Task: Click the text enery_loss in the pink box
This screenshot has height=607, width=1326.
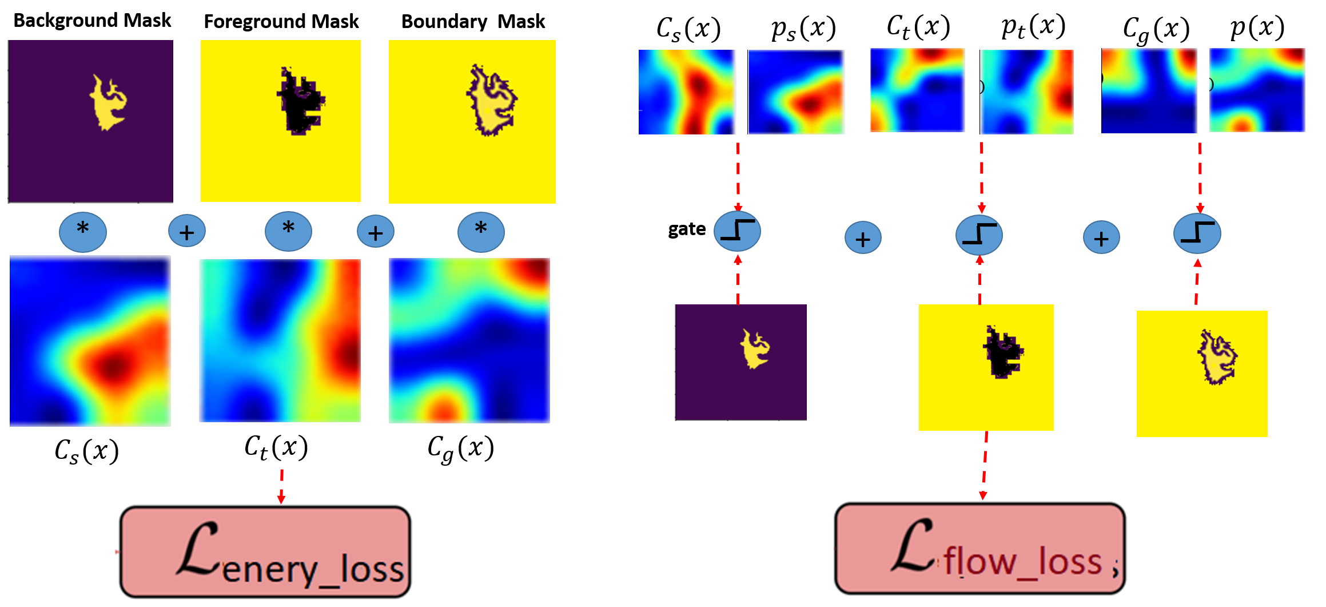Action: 313,570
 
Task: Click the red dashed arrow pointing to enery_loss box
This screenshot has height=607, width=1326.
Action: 281,486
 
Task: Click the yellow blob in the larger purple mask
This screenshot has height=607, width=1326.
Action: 107,104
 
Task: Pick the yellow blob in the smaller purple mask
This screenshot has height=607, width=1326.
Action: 755,348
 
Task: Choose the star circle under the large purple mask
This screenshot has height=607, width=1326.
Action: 83,232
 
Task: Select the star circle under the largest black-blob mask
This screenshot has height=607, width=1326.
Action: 288,231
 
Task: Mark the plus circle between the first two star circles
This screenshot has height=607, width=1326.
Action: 187,231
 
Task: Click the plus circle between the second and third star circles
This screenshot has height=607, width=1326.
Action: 376,232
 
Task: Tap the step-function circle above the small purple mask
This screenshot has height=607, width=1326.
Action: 737,231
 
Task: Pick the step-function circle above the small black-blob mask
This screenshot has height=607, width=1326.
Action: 979,235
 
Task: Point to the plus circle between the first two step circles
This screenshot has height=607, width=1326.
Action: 863,238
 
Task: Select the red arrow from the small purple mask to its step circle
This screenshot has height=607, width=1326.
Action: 738,280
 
